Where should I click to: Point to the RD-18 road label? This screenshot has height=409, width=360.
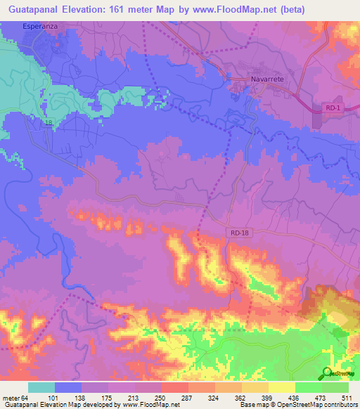pos(239,233)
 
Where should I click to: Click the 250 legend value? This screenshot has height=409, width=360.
pos(162,398)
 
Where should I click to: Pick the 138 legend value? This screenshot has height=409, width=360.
pos(83,398)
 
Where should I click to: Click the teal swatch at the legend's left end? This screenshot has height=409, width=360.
pos(41,387)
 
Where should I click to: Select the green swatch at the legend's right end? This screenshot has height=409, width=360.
pos(335,387)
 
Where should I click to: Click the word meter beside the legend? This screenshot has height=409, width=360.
pos(10,398)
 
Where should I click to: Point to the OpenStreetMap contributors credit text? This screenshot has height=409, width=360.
pos(316,405)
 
